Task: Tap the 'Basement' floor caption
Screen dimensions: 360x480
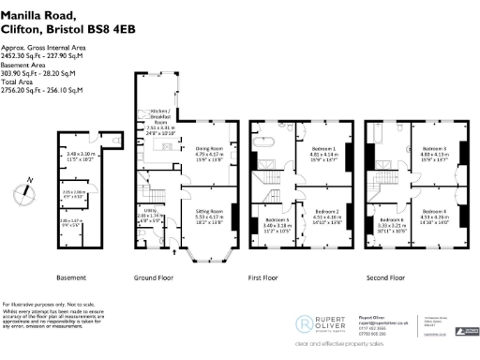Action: point(72,277)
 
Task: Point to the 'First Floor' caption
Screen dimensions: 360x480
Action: point(288,277)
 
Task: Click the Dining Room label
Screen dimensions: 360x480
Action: point(208,152)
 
